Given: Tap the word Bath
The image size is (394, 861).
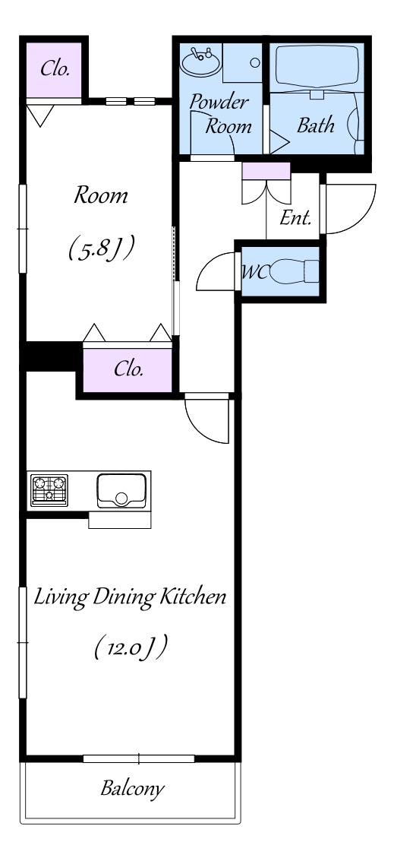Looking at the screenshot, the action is (x=316, y=125).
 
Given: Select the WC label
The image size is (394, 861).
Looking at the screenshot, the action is (x=255, y=273).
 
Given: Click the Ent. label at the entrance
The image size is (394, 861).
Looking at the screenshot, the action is (x=295, y=218).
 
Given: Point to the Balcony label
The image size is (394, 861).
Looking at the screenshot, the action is (x=132, y=789).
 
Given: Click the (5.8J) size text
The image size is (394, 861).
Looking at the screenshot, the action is (x=101, y=248).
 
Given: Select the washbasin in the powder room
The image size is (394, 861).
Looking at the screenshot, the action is (x=201, y=62).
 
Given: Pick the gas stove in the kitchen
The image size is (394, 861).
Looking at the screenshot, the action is (x=49, y=490).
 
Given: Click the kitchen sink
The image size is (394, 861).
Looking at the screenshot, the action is (x=121, y=490).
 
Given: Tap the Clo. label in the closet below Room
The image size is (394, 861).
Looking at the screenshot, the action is (x=128, y=369).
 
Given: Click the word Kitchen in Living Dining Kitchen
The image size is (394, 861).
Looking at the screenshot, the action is (x=192, y=597).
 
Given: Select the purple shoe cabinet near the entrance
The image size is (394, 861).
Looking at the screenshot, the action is (x=266, y=171).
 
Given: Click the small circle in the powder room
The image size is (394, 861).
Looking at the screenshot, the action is (x=254, y=62).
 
